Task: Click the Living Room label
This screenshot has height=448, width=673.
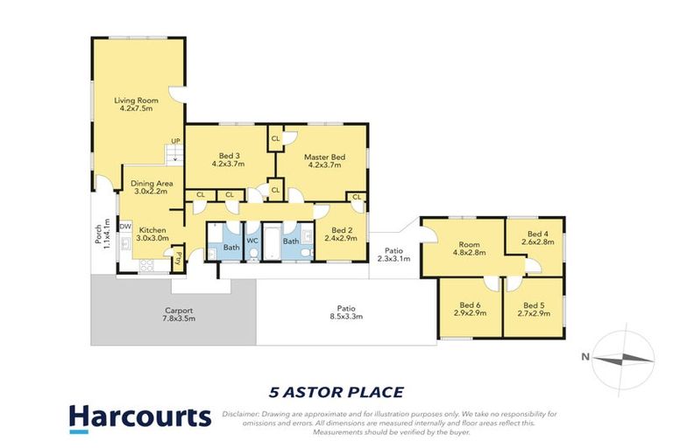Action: tap(135, 104)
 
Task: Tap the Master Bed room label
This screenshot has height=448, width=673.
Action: tap(324, 162)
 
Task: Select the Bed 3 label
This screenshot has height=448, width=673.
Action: tap(228, 158)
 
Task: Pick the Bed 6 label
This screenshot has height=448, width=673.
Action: tap(470, 307)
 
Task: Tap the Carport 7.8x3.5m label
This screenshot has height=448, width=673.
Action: tap(178, 315)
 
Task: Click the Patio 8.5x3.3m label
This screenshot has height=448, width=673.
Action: tap(346, 312)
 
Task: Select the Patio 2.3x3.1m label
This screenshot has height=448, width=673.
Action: tap(393, 254)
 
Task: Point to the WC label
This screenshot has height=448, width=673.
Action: tap(251, 240)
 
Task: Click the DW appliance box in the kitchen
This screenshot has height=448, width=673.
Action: tap(125, 227)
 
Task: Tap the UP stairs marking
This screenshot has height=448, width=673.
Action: tap(175, 141)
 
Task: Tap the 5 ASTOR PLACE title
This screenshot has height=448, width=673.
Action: tap(336, 392)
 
